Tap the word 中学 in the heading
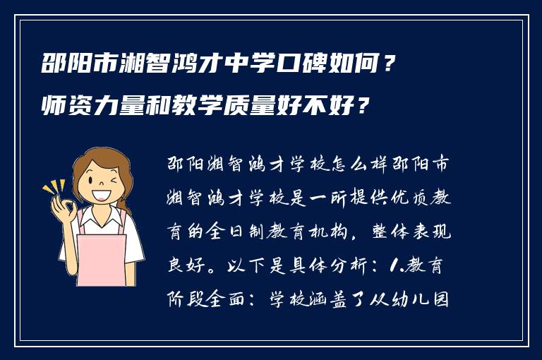[245, 68]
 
